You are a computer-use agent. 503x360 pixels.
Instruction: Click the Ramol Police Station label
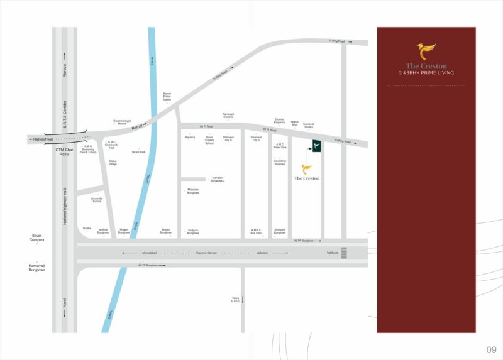167,95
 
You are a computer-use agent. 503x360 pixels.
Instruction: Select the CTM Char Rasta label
65,151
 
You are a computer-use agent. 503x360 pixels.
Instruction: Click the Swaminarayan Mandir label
122,122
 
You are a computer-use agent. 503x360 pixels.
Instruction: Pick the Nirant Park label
139,151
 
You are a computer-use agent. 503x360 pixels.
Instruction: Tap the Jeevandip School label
97,200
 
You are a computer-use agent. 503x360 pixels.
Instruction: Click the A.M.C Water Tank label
280,146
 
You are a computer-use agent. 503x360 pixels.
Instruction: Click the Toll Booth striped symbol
352,253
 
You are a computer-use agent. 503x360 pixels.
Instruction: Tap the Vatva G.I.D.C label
236,299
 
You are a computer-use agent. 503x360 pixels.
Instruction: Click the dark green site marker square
317,146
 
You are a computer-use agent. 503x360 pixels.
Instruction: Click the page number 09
491,349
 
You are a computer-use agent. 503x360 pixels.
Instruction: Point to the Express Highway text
206,253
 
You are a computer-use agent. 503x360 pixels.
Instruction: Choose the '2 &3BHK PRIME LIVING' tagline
426,73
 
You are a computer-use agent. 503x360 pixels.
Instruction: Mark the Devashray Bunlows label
280,163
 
